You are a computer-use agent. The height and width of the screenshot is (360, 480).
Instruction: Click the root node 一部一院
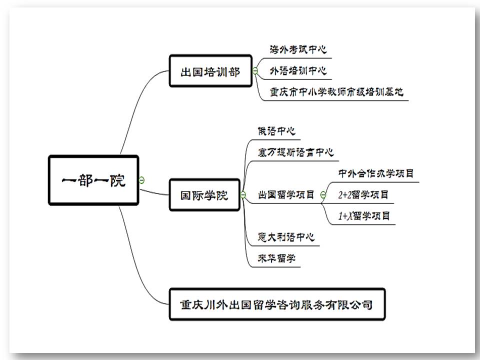93,180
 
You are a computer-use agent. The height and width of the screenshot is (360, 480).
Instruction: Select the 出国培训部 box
210,71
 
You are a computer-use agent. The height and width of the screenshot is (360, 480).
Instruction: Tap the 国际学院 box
204,194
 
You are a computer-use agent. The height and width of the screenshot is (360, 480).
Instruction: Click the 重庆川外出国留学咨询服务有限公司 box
277,303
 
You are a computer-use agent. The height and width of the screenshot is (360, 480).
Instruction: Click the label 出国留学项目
286,194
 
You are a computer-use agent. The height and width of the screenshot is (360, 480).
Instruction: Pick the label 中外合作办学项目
376,173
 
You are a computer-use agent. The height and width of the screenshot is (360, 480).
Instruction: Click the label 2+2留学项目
363,194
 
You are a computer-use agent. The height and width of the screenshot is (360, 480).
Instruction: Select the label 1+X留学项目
363,216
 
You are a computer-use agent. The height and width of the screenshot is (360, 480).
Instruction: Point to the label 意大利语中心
286,236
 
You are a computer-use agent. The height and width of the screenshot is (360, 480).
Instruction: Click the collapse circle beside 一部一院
142,179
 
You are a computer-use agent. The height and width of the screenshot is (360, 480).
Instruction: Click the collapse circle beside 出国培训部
255,71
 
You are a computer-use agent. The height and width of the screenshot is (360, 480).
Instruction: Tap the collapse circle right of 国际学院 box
243,194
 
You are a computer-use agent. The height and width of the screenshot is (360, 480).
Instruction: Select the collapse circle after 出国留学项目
323,194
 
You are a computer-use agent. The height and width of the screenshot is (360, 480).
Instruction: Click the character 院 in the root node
118,180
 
